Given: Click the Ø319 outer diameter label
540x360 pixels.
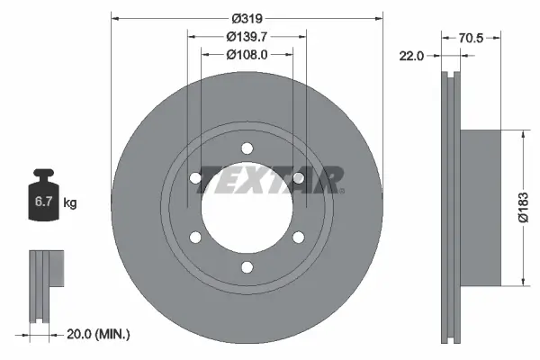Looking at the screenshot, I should coord(246,17).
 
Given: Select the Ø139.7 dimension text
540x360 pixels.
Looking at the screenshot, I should coord(246,36).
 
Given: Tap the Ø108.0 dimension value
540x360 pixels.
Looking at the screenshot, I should coord(246,54).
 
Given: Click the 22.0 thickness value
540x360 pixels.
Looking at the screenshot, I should coord(411,56).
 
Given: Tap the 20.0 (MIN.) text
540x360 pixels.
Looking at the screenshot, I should coord(100,334).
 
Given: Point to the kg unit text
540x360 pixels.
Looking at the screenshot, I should coord(70,203).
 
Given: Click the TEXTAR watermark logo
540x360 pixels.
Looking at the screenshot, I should coord(270,179).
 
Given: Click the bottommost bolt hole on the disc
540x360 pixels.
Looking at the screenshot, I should coord(247,266).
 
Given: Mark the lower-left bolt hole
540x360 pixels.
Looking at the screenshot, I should coord(195,238).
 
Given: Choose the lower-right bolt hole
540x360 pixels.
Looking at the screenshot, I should coord(298,238).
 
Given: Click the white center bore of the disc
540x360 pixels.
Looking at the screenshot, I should coord(247,208).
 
